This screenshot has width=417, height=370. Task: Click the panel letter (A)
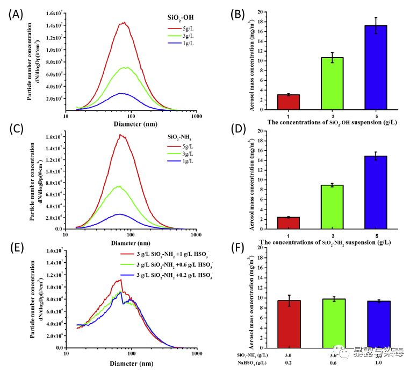coord(16,15)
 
